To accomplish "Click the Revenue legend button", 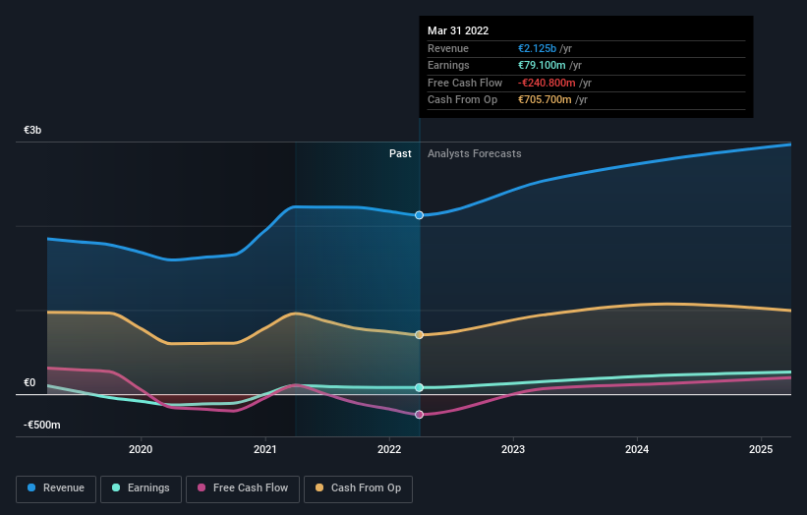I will point(56,487).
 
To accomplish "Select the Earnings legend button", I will point(142,487).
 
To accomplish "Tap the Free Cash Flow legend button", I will point(241,487).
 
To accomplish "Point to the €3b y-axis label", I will point(32,130).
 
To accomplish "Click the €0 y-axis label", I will point(29,382).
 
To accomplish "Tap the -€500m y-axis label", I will point(42,425).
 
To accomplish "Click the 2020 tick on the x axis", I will point(141,450).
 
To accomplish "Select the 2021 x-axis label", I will point(265,450).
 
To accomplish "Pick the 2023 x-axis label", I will point(513,450).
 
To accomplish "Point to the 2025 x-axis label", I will point(761,450).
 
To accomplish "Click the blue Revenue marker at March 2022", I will point(420,214).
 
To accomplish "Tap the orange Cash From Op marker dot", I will point(420,335).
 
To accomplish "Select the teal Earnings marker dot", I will point(420,388).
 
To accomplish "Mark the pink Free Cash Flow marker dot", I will point(420,415).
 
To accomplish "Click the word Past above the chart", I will point(400,153).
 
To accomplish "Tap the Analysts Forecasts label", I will point(474,153).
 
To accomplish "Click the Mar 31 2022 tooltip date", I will point(458,31).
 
